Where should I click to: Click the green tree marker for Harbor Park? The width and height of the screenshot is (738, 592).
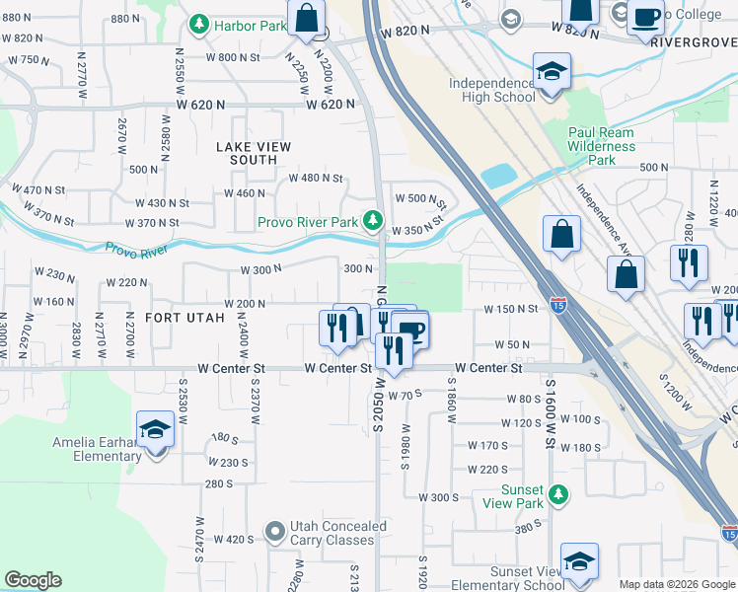click(x=200, y=23)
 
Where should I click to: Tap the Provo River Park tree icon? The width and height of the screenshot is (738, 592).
click(x=373, y=220)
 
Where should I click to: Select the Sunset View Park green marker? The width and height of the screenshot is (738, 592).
click(x=559, y=493)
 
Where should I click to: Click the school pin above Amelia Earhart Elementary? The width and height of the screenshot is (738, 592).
click(x=155, y=429)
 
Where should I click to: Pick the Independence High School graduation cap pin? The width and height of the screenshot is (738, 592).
click(x=552, y=71)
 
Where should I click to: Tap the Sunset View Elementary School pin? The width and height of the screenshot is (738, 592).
click(x=579, y=561)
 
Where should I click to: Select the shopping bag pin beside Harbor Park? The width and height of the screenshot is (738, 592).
click(x=307, y=18)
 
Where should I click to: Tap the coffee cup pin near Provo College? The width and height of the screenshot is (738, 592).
click(x=646, y=18)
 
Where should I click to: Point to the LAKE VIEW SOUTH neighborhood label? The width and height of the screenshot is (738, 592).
click(x=254, y=153)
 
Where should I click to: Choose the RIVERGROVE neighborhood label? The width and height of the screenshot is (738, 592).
click(x=695, y=43)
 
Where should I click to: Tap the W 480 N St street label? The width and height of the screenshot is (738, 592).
click(x=315, y=179)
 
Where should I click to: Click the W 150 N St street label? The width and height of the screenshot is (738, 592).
click(x=510, y=309)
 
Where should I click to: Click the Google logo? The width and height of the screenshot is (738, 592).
click(x=33, y=580)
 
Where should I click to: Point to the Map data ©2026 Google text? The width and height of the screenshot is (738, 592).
click(x=676, y=584)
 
